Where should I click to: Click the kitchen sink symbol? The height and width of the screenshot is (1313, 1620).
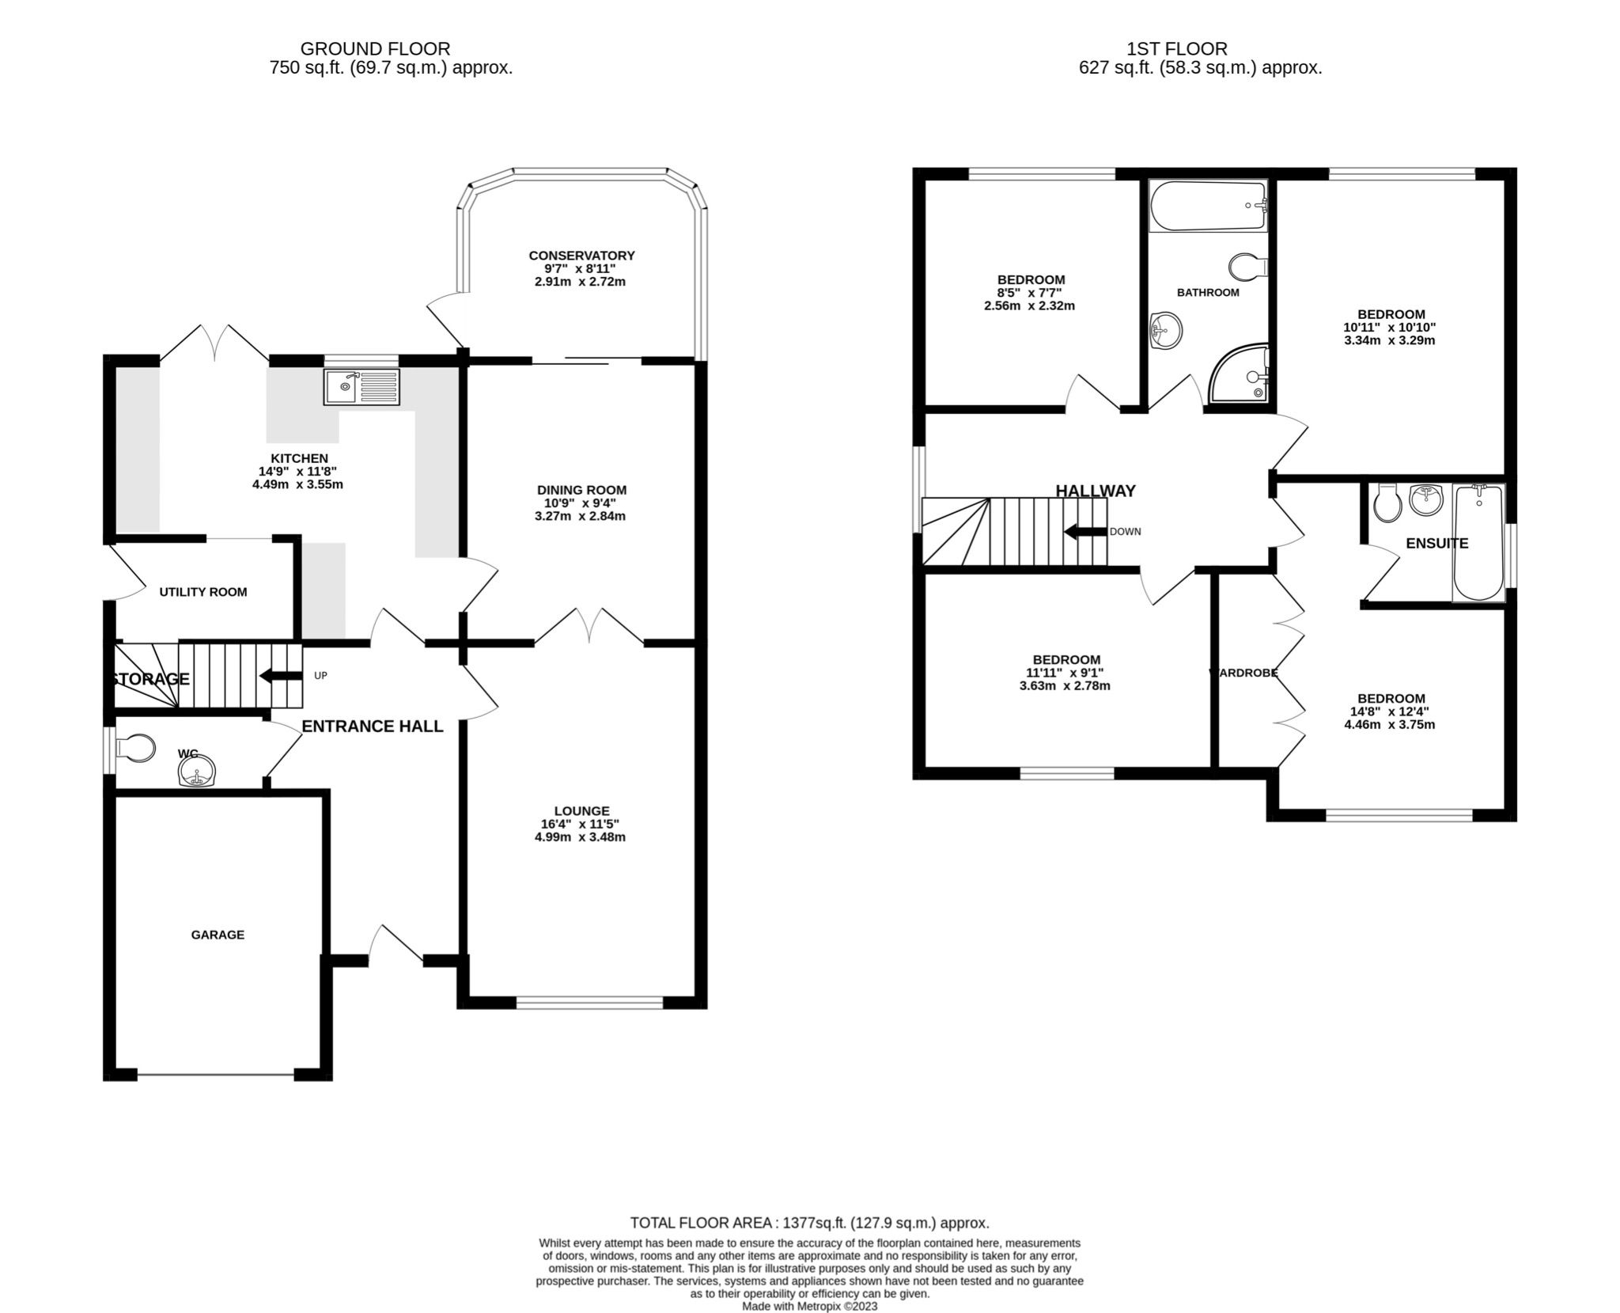click(x=361, y=387)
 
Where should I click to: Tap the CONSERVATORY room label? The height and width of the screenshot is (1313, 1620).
click(x=581, y=256)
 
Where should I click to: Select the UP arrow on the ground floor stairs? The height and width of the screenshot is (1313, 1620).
click(x=281, y=675)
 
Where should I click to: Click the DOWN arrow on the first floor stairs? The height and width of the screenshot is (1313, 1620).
click(x=1084, y=531)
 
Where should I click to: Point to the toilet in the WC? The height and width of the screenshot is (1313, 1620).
click(x=134, y=748)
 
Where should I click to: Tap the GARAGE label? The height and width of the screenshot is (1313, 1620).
click(x=218, y=935)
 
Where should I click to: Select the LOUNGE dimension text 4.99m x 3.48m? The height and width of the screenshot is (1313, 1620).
click(x=580, y=837)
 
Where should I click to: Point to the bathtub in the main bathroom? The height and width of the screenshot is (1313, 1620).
click(x=1207, y=206)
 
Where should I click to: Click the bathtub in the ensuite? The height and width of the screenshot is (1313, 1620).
click(x=1478, y=543)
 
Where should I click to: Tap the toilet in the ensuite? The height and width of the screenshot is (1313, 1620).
click(x=1387, y=503)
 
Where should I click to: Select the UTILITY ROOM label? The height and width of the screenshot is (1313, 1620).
click(x=203, y=592)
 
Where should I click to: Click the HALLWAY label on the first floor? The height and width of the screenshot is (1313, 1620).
click(x=1096, y=491)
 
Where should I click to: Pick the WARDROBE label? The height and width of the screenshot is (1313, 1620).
click(x=1243, y=673)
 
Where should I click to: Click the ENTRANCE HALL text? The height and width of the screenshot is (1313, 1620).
click(x=373, y=727)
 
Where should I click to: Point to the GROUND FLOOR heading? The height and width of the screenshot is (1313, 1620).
click(x=375, y=49)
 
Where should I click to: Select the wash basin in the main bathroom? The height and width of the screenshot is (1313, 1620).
click(x=1167, y=328)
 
